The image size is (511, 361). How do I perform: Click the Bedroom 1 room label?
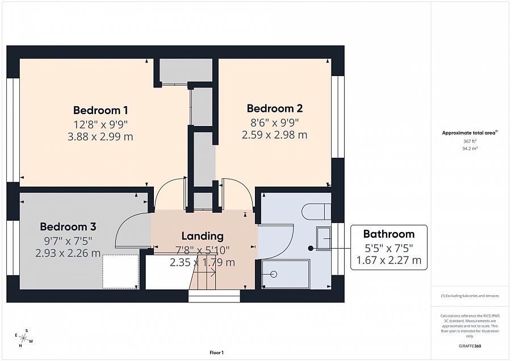[100, 110]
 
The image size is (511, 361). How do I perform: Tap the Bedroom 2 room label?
[275, 108]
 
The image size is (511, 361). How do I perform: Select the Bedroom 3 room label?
[68, 226]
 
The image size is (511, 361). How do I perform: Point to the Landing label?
[202, 236]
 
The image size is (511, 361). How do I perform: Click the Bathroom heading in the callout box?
[389, 234]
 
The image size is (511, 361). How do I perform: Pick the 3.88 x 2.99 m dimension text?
[100, 137]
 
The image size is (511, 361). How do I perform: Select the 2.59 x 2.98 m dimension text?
[274, 135]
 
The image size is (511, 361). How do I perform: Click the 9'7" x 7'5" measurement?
[68, 241]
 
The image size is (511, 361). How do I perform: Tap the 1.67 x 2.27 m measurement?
[389, 261]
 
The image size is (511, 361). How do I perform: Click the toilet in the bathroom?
[316, 212]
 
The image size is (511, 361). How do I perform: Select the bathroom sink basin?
[324, 239]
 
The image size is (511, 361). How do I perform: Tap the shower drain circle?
[274, 274]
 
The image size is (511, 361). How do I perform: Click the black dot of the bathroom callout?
[311, 248]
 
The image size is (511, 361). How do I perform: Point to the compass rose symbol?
[24, 338]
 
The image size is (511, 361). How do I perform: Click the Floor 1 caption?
[217, 352]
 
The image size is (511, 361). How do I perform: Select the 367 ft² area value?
[470, 141]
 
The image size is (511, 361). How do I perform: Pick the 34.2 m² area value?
[470, 148]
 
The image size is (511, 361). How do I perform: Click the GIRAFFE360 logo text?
[470, 346]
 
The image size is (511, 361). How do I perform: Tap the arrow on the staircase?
[205, 272]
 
